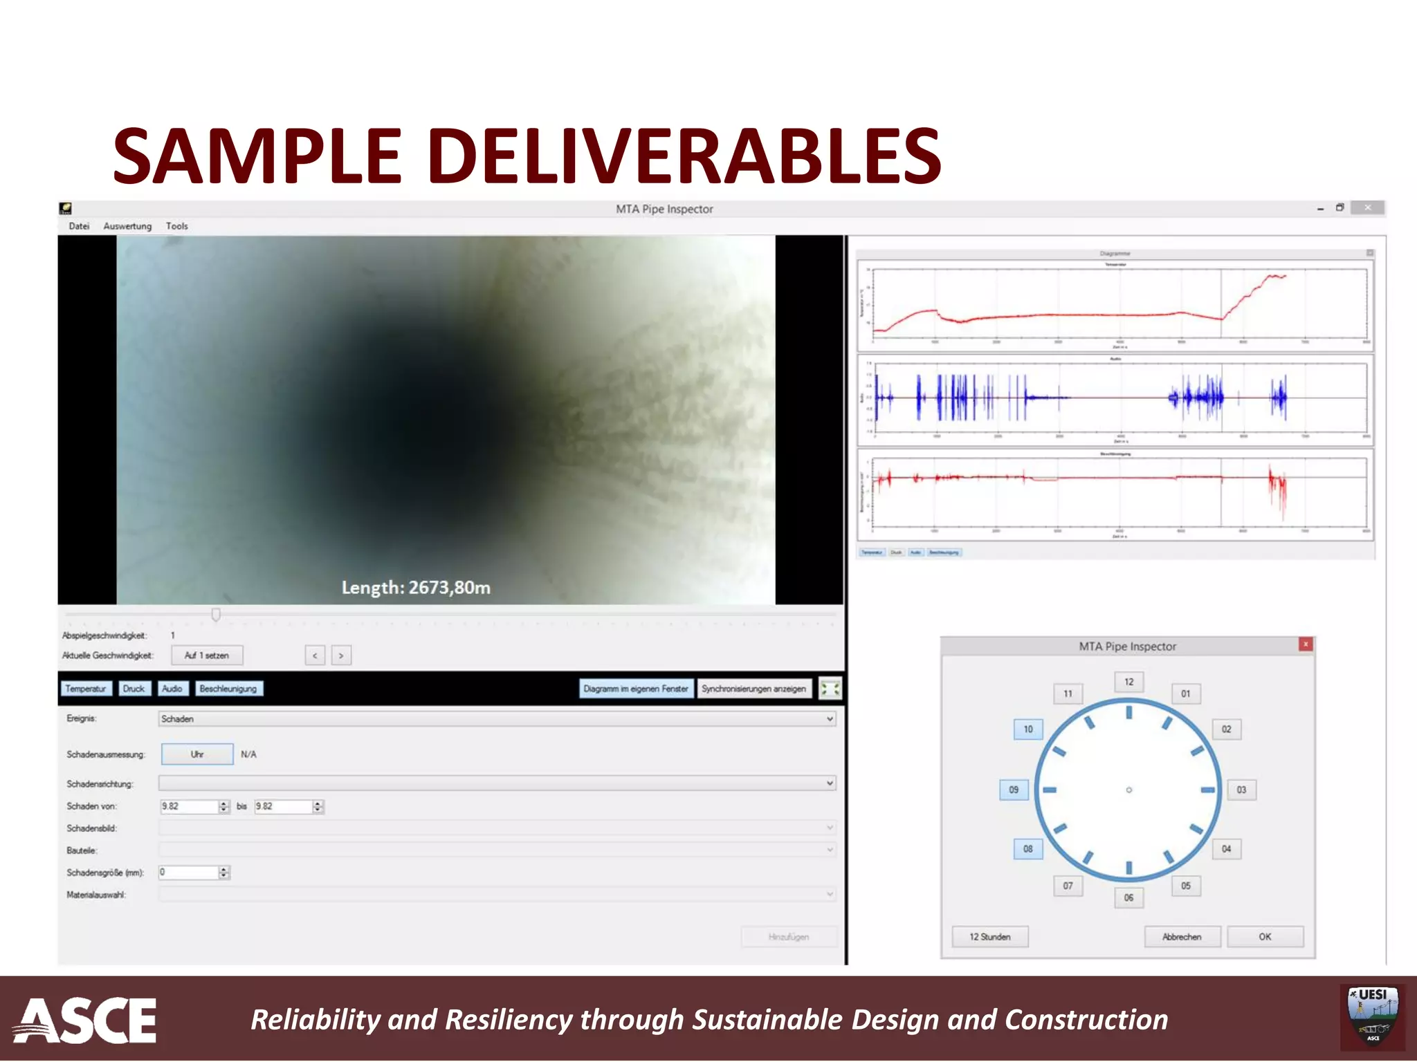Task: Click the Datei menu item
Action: point(79,226)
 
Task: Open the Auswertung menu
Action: point(127,226)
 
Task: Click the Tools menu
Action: point(176,226)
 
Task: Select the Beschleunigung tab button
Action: point(228,689)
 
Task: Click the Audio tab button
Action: point(172,689)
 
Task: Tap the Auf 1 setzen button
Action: point(206,655)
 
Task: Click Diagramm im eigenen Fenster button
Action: point(635,689)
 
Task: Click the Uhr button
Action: point(197,754)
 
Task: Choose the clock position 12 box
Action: point(1128,682)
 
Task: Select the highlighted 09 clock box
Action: point(1014,790)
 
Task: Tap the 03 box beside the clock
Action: point(1241,790)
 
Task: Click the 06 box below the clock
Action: point(1128,897)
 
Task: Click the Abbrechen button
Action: point(1182,937)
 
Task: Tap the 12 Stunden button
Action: point(989,937)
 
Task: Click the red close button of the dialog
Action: point(1305,644)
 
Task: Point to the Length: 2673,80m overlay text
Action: point(416,588)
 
